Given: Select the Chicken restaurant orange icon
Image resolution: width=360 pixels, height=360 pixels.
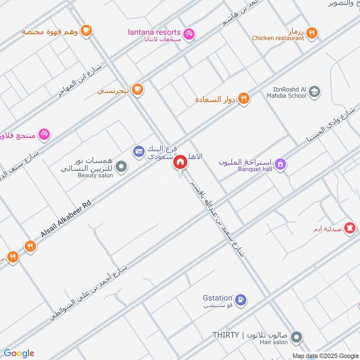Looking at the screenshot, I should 311,33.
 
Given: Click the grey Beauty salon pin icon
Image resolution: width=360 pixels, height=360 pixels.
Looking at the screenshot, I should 121,168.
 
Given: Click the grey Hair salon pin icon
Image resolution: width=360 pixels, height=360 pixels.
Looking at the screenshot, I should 296,337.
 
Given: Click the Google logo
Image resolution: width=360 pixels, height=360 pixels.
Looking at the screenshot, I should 18,353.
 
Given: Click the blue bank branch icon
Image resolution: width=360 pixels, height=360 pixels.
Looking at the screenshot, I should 139,151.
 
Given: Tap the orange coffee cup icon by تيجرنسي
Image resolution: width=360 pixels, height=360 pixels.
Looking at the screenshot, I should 138,90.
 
